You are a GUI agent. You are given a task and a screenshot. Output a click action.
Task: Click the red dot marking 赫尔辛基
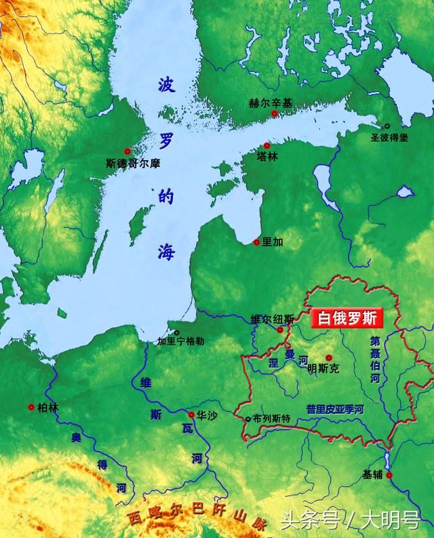coord(275,114)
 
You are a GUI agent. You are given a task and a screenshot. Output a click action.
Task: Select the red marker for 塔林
coord(267,145)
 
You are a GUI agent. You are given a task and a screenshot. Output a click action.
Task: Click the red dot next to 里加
coord(256,242)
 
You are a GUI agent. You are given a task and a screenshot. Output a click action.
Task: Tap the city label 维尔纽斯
coord(272,319)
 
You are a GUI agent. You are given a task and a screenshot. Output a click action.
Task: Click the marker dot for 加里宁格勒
coord(177,332)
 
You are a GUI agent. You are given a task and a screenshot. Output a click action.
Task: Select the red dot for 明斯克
coord(329,358)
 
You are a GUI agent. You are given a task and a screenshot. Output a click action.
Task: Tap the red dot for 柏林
coord(31,407)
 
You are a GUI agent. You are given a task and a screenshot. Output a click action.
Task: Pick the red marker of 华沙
coord(192,415)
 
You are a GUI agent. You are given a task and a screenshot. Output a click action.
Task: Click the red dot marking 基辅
coord(389,475)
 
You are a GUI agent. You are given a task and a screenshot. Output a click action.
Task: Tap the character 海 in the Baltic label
coord(167,252)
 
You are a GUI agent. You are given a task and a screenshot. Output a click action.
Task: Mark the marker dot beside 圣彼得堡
coord(387,126)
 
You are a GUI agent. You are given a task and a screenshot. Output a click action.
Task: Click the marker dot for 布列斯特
coord(248,419)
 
